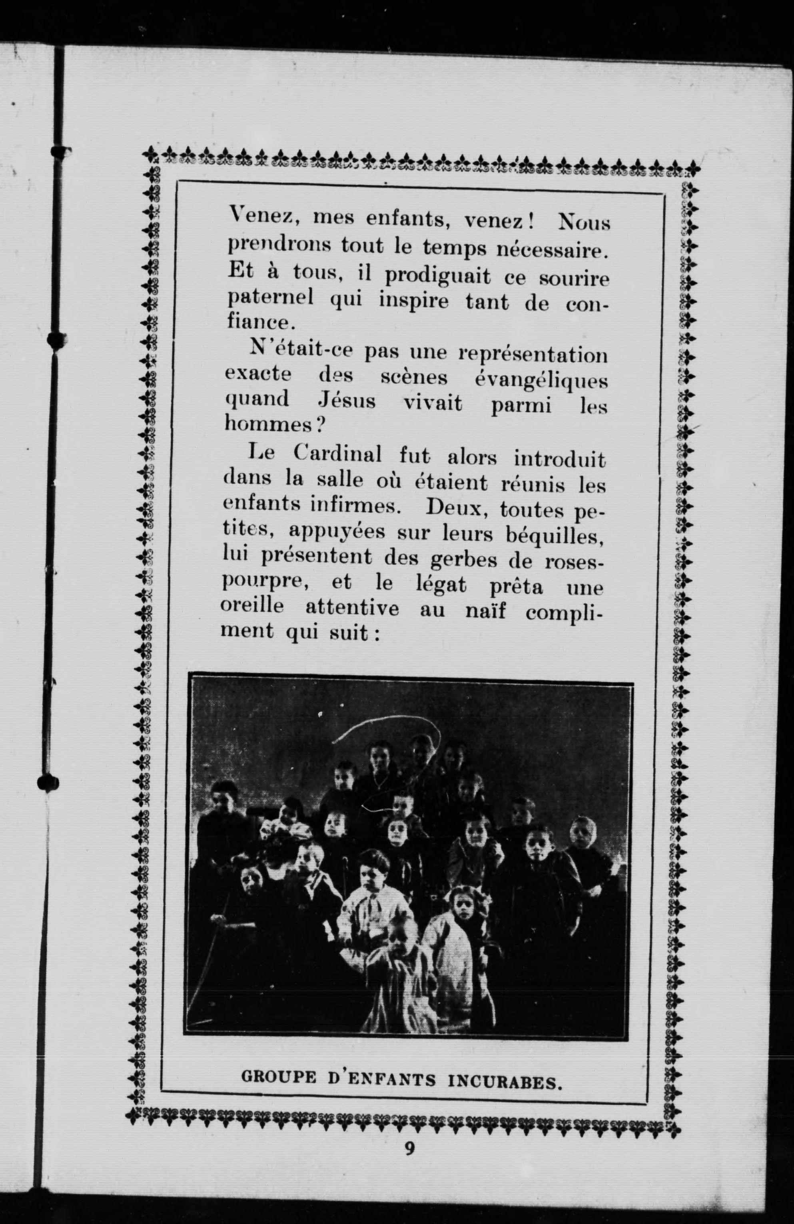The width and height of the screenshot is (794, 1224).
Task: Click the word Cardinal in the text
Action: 337,454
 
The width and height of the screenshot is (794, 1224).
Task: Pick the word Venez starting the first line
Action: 263,216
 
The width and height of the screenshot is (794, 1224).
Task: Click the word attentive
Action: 352,608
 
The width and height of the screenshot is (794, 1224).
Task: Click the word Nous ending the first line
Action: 584,222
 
